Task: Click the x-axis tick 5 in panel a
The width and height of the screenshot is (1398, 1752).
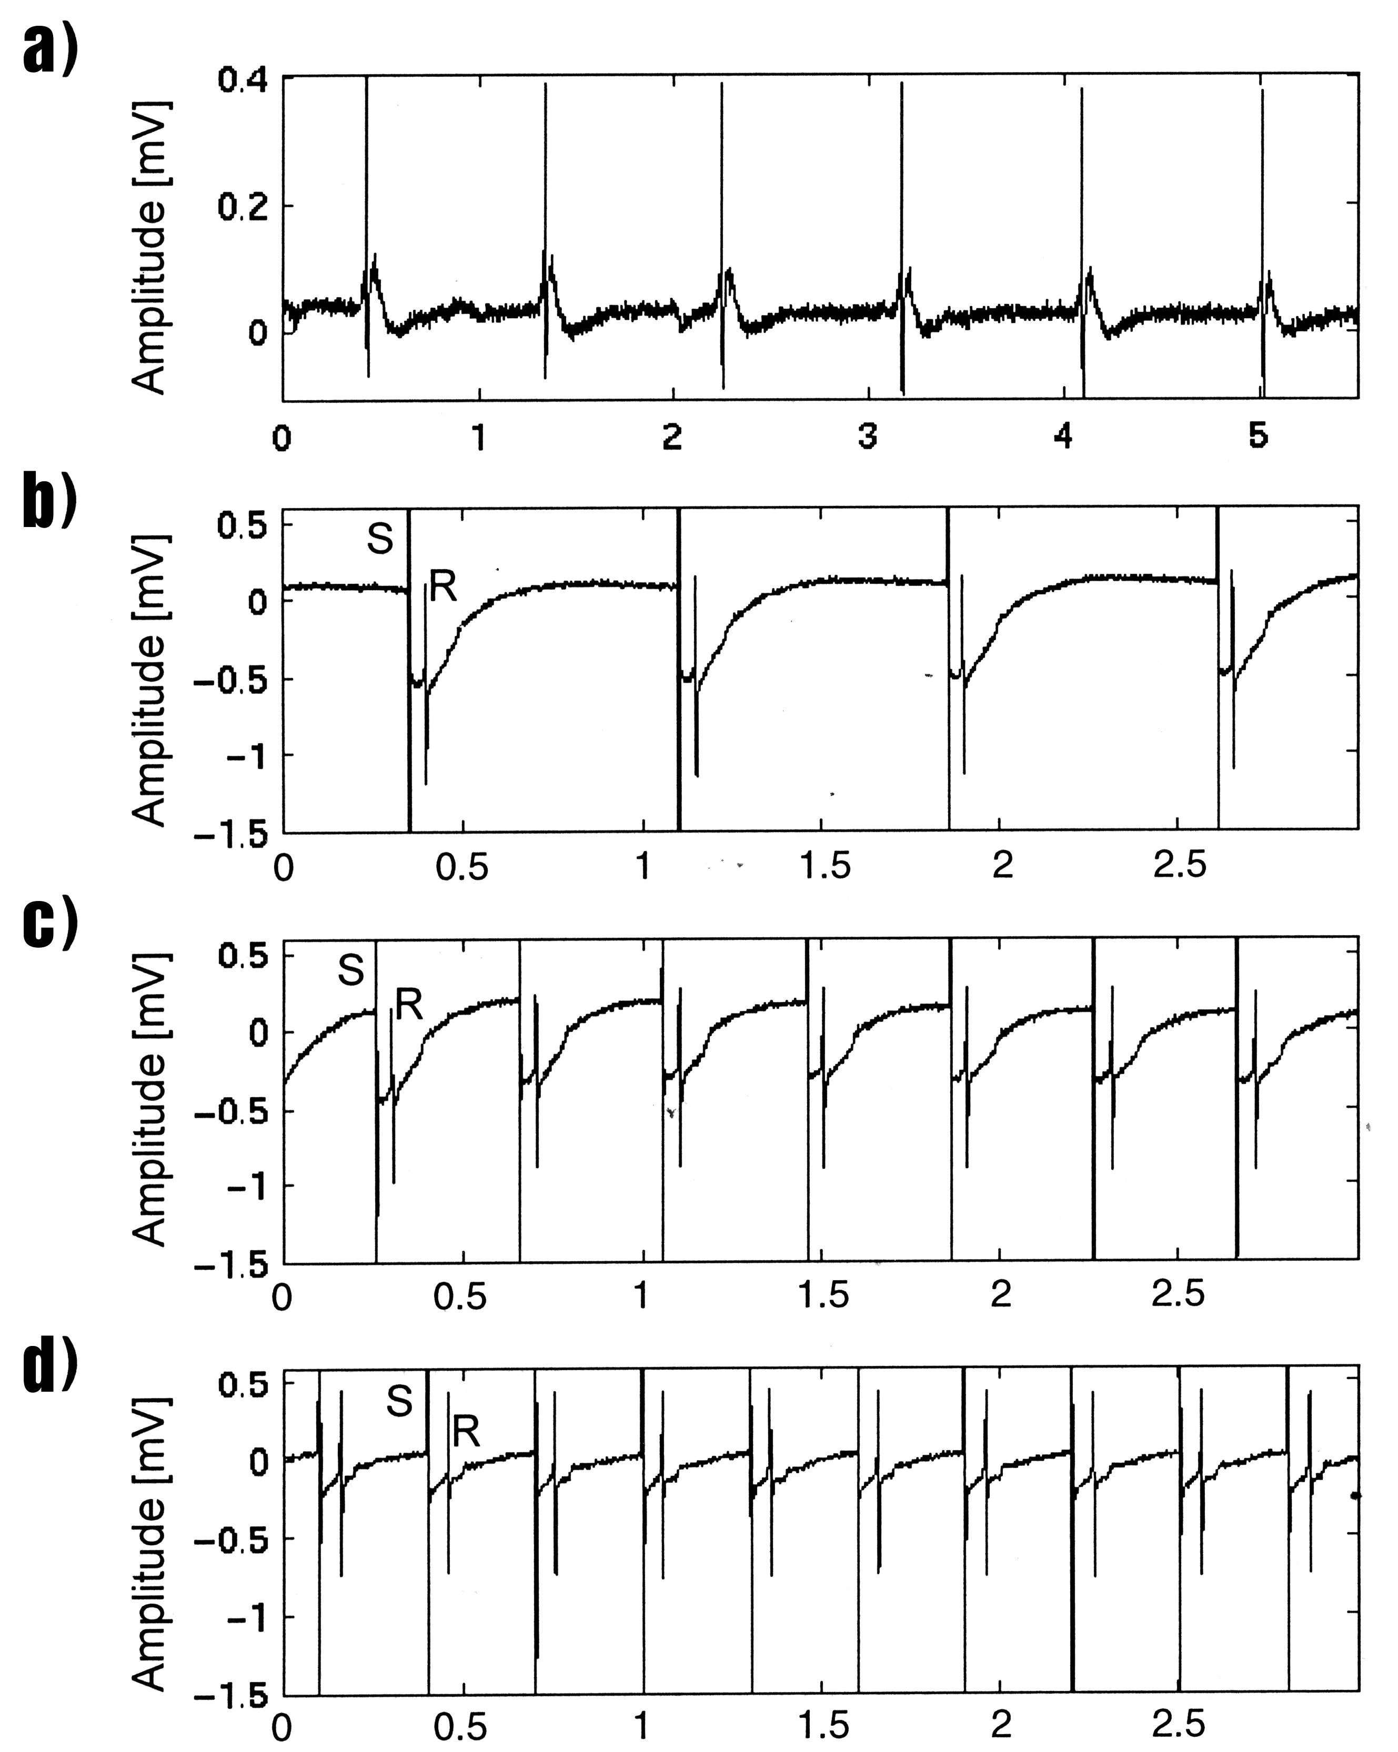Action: pyautogui.click(x=1258, y=437)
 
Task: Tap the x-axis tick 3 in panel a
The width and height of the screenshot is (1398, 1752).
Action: pyautogui.click(x=868, y=437)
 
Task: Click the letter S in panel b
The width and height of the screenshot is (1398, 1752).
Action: pyautogui.click(x=379, y=539)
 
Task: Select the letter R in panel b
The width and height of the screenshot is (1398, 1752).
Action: pyautogui.click(x=443, y=586)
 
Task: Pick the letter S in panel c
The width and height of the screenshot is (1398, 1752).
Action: pyautogui.click(x=351, y=969)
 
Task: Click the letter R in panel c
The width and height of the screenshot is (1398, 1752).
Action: pyautogui.click(x=410, y=1006)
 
